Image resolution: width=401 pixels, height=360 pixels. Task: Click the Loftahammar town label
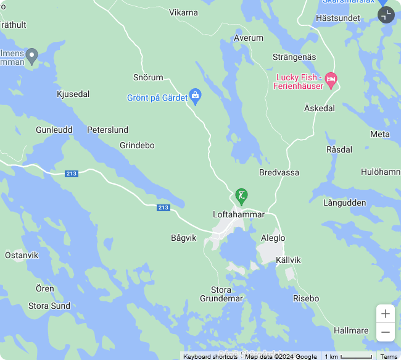[x=238, y=214]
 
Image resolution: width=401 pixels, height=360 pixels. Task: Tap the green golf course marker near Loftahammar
[x=241, y=196]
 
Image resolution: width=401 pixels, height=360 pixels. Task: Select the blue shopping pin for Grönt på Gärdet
[x=196, y=96]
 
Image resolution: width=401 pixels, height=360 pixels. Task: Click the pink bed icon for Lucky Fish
[x=331, y=80]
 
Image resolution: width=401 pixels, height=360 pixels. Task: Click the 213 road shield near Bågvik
[x=163, y=207]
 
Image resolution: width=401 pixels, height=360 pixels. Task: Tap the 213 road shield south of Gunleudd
[x=72, y=174]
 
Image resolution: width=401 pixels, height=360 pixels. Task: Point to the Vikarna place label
[x=183, y=12]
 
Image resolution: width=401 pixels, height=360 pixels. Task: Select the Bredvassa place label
[x=279, y=173]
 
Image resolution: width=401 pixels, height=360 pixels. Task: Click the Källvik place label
[x=288, y=260]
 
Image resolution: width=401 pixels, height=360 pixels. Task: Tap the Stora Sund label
[x=49, y=306]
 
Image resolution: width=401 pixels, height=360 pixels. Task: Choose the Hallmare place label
[x=351, y=330]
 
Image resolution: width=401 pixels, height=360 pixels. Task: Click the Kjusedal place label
[x=73, y=94]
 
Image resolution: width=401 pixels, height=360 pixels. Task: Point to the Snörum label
[x=148, y=77]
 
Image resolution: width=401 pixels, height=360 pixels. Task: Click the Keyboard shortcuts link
[x=210, y=356]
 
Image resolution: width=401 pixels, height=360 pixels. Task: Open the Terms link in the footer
[x=389, y=356]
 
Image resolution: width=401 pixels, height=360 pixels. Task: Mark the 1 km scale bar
[x=349, y=356]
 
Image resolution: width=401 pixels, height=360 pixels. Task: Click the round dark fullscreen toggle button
[x=386, y=15]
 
